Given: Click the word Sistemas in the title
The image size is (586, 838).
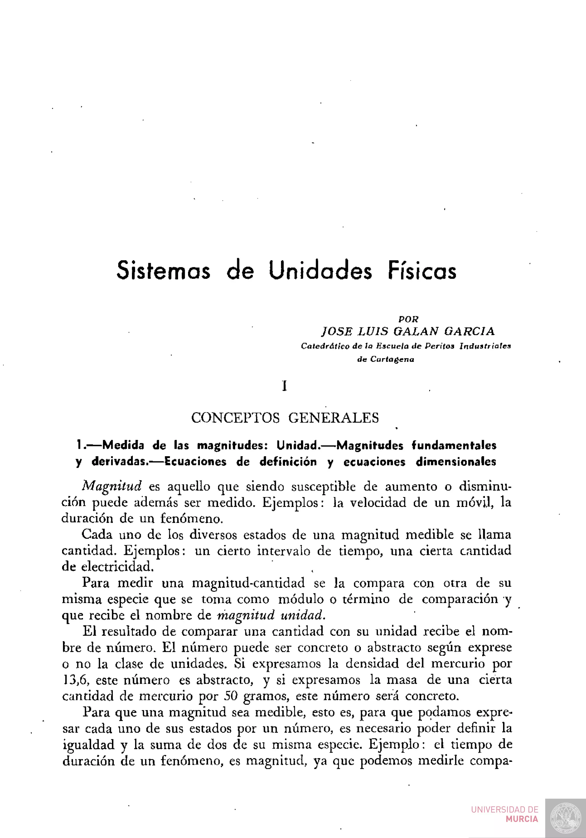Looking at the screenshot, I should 163,270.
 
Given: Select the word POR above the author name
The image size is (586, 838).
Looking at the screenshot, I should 408,319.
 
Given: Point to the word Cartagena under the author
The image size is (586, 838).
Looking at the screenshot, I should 392,359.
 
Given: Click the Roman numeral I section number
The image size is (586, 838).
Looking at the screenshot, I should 285,386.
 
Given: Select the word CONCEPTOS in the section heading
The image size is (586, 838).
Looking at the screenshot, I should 235,418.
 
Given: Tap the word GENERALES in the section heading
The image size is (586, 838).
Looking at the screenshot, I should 334,418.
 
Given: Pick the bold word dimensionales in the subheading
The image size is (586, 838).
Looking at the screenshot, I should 456,462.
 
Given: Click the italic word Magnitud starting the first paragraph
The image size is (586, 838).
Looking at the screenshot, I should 112,486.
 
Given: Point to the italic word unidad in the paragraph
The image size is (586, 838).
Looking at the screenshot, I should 302,615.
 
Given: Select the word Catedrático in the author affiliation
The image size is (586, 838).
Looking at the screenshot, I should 325,346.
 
